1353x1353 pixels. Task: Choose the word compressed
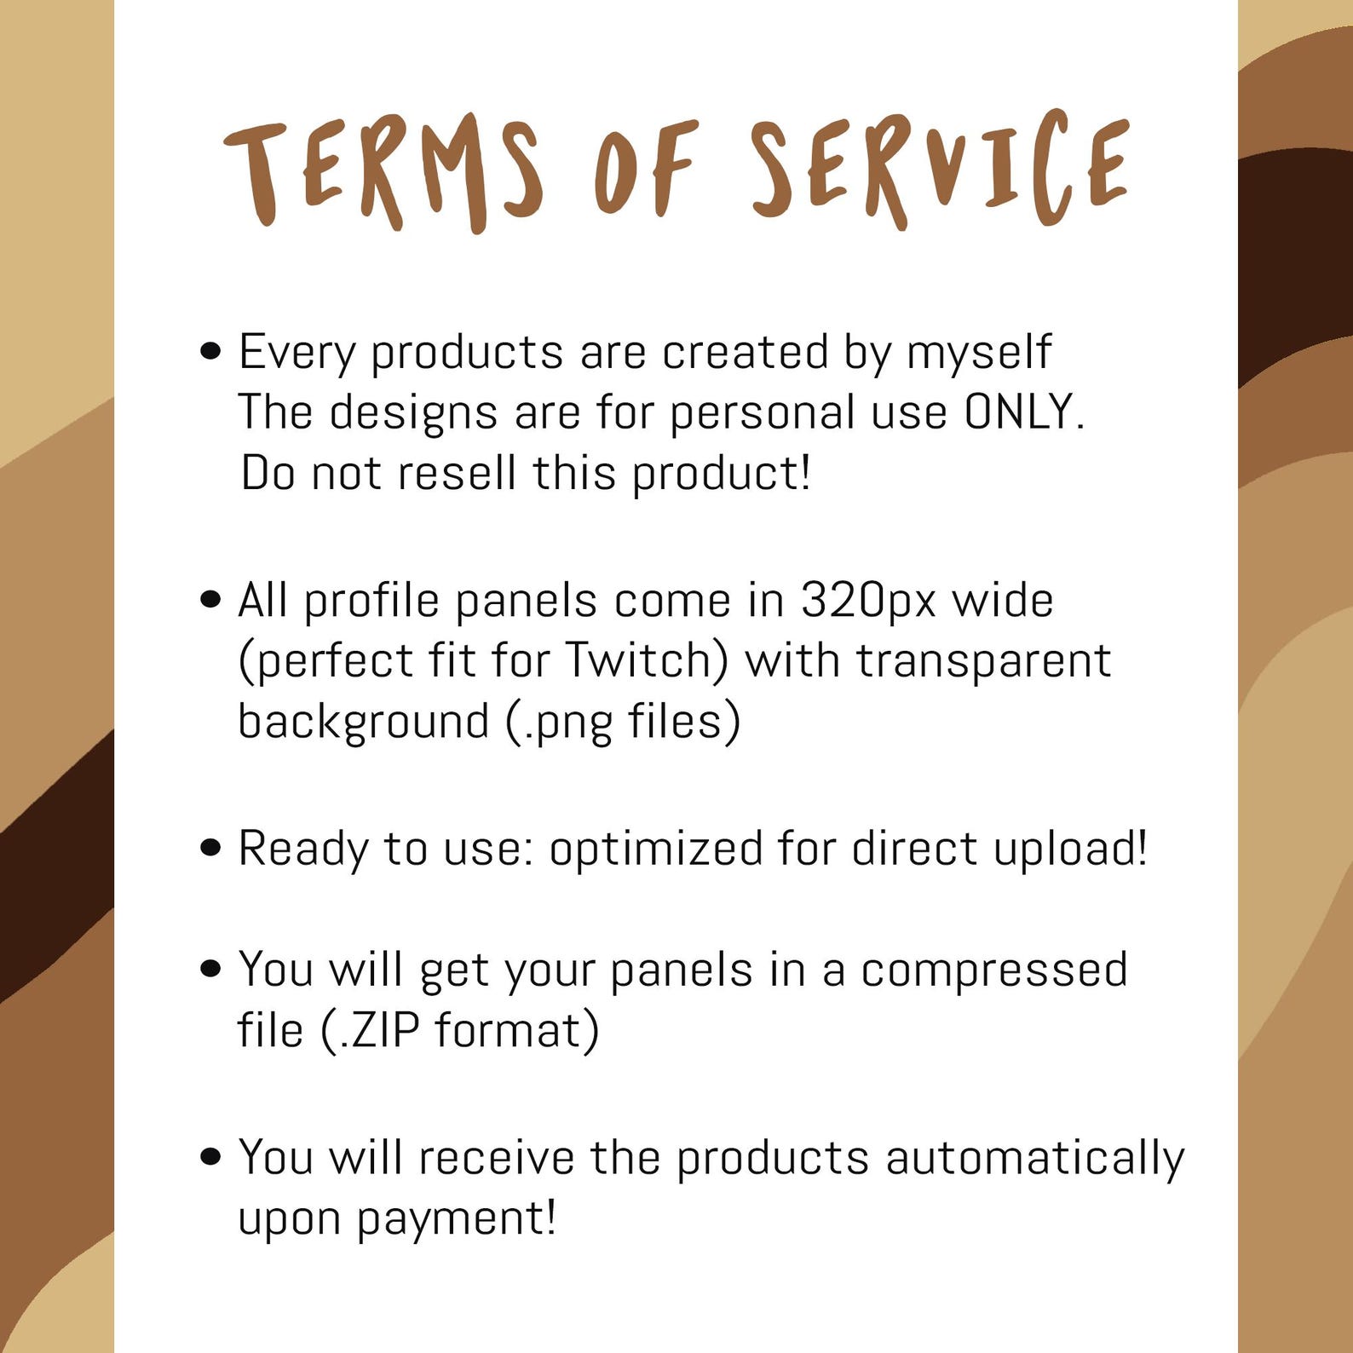993,970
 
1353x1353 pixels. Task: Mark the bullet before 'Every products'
210,351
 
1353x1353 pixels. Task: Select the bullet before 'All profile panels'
210,600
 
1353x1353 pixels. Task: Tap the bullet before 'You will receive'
210,1157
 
